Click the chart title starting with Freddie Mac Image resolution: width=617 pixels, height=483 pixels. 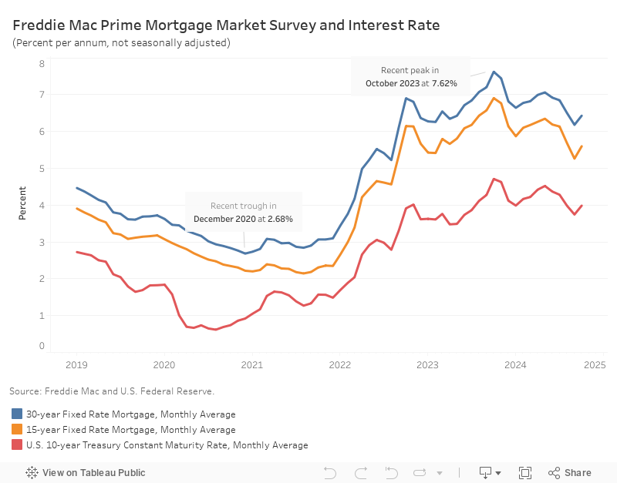(226, 25)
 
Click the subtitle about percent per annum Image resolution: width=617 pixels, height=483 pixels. (121, 42)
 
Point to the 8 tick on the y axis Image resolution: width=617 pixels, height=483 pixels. (42, 62)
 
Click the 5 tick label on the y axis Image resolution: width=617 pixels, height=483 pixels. (42, 168)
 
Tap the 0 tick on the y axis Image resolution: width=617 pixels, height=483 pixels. (42, 346)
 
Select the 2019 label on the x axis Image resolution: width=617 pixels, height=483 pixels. (77, 366)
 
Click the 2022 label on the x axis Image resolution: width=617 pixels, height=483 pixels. (340, 366)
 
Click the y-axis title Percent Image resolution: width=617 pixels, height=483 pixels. (22, 203)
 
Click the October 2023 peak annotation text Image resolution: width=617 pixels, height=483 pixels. (411, 76)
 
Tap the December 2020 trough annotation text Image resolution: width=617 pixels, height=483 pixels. (244, 212)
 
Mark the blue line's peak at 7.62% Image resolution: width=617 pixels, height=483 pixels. (494, 72)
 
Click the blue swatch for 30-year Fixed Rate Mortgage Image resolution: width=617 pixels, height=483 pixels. (18, 414)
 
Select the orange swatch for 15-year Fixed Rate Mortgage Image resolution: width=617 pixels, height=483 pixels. (18, 430)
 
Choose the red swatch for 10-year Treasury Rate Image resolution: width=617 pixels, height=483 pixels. (18, 445)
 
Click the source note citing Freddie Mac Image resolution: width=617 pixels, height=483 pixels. (112, 391)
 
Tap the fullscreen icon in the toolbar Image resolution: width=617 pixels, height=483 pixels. (525, 473)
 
